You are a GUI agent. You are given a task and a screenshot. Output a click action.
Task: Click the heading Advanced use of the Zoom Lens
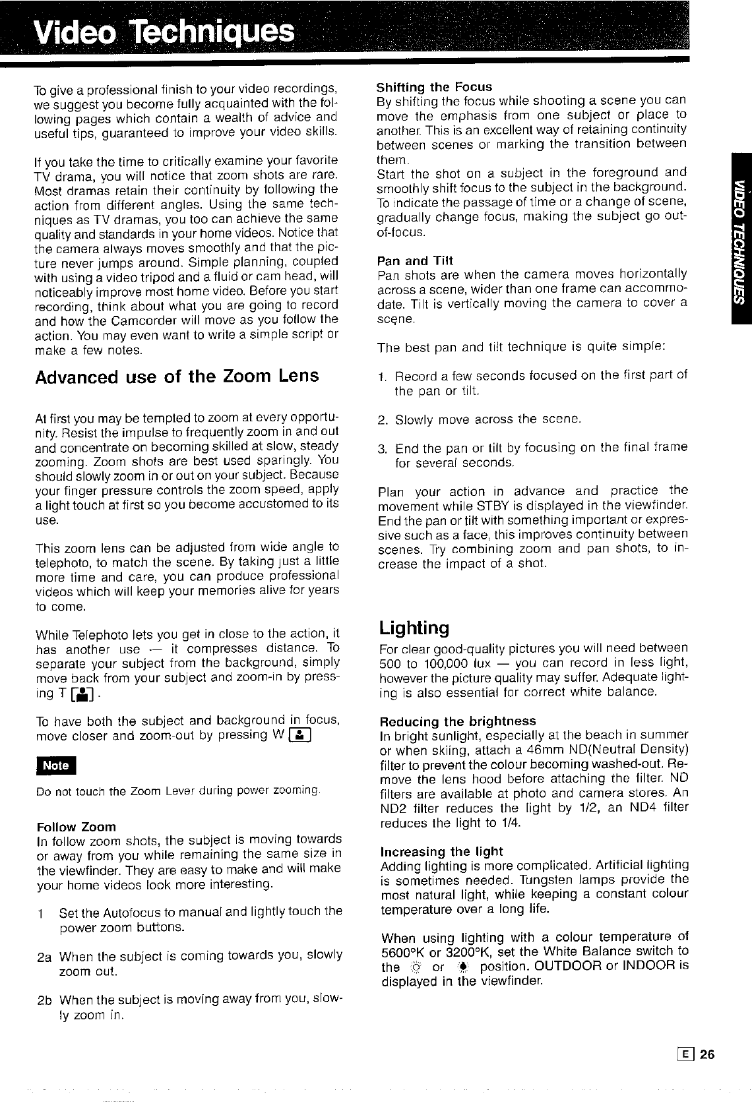176,376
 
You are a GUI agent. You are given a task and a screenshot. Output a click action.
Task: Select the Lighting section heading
414,627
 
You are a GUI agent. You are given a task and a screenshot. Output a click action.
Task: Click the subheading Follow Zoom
77,827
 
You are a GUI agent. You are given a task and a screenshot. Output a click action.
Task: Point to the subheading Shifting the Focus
434,87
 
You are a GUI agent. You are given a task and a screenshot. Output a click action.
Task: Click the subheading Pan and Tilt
415,260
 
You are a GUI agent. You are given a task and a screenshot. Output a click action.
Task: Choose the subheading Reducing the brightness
458,721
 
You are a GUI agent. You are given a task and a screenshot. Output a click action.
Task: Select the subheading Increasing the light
441,851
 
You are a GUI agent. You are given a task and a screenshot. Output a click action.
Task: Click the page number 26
706,1054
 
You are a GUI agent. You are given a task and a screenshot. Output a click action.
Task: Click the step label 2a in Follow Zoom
44,956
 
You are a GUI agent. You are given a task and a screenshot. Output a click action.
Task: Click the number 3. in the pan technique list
383,448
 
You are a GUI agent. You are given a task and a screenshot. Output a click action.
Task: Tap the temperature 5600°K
406,951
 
